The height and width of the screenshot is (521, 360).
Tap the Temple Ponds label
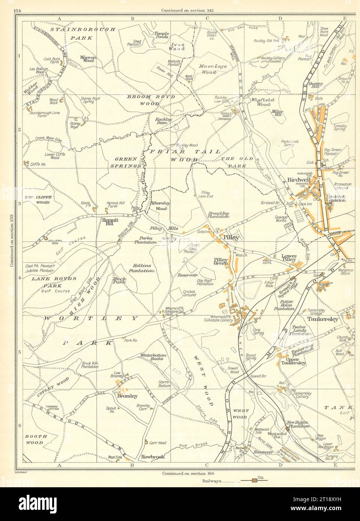tap(162, 35)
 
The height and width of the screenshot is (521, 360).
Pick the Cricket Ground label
tap(190, 295)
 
